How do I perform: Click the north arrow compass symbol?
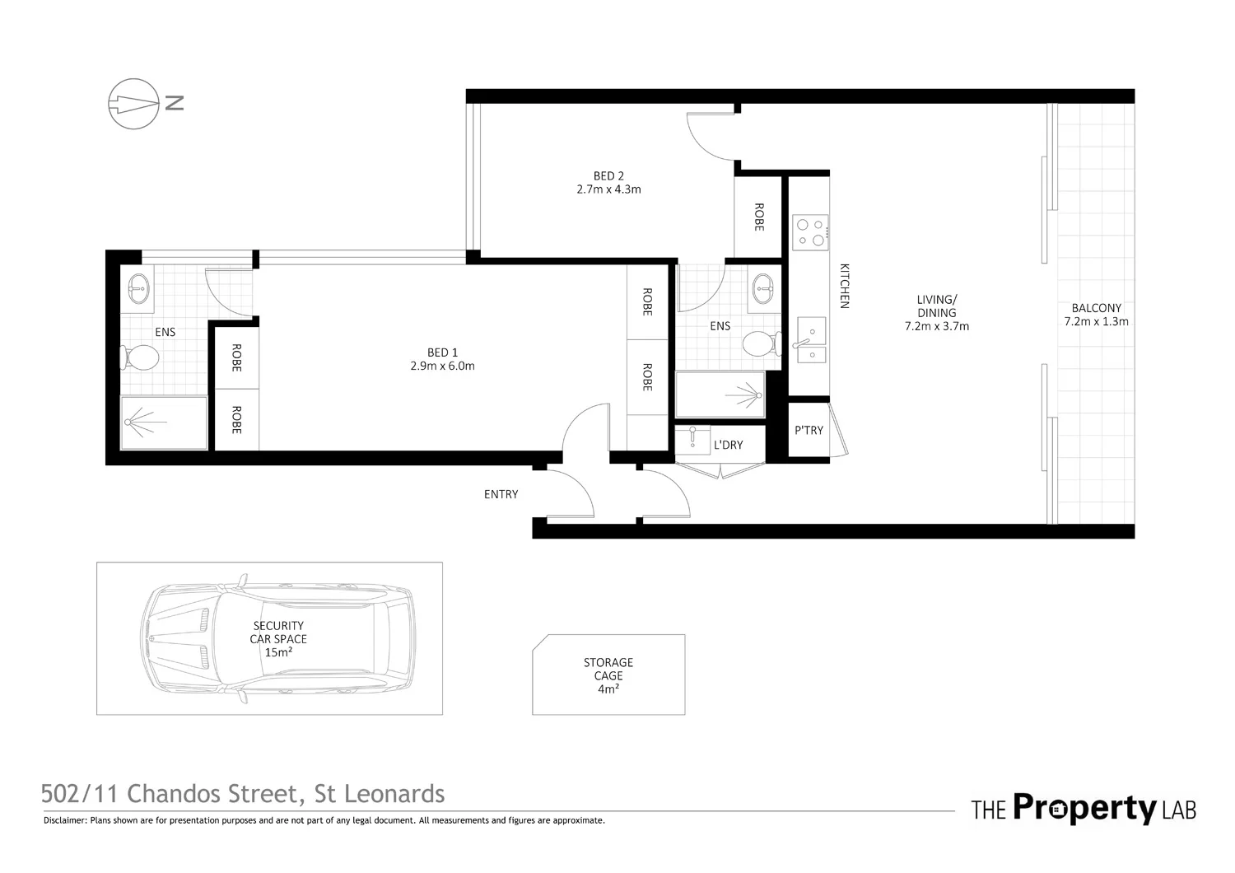click(x=133, y=104)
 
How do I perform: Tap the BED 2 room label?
click(x=608, y=175)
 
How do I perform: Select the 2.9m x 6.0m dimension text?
click(x=442, y=366)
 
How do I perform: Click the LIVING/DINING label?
click(x=937, y=306)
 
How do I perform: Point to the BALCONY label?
click(x=1096, y=308)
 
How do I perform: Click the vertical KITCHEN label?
click(x=843, y=286)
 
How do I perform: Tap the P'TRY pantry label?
click(x=809, y=430)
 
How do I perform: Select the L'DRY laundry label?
click(x=728, y=445)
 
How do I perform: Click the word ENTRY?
click(x=501, y=494)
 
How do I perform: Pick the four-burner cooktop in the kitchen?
click(x=809, y=232)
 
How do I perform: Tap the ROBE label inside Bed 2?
click(x=758, y=217)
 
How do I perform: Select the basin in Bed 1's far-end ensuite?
click(x=137, y=287)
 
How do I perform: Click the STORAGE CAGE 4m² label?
click(x=608, y=675)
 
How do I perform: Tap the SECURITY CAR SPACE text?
click(x=278, y=633)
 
